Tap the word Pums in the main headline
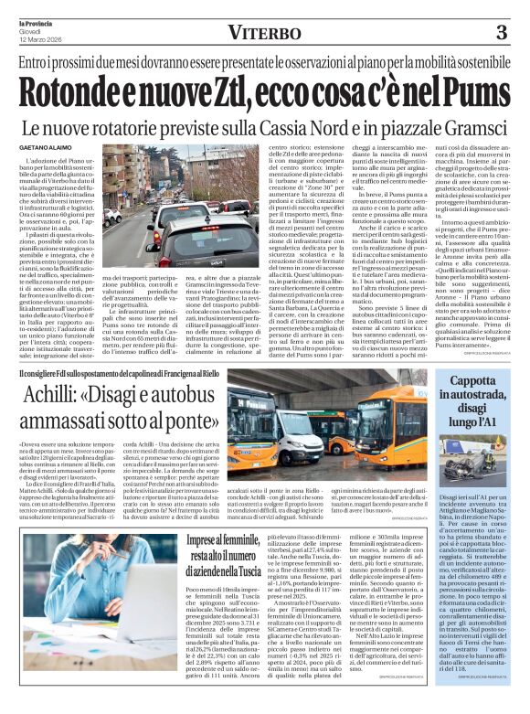click(471, 91)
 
